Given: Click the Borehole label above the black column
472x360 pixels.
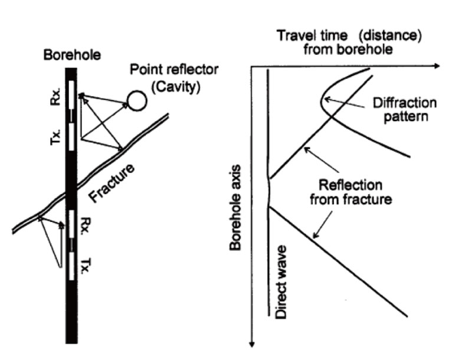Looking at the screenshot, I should coord(71,57).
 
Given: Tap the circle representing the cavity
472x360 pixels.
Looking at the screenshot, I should coord(137,101).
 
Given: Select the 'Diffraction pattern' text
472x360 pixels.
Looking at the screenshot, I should coord(405,109).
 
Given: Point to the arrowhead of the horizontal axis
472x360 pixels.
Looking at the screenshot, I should coord(437,67).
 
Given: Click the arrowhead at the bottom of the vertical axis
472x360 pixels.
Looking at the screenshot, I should coord(252,345).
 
